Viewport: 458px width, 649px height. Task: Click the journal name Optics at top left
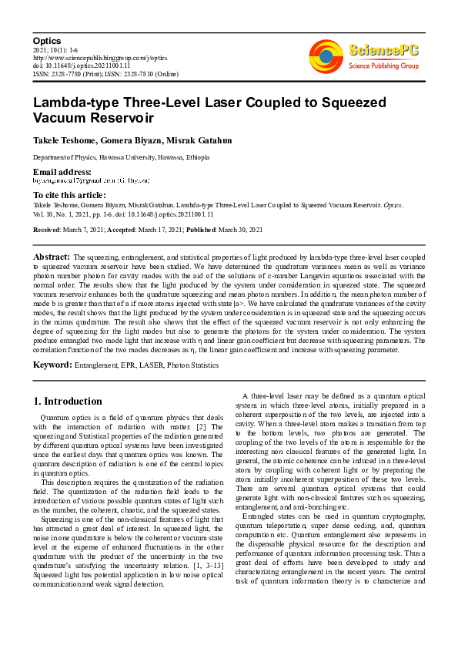coord(46,39)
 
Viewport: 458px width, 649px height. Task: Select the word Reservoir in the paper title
coord(122,118)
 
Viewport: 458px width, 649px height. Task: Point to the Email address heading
coord(62,171)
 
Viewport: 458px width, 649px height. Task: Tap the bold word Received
coord(47,230)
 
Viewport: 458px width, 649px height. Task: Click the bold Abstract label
coord(52,255)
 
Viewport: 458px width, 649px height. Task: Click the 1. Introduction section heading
coord(68,401)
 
